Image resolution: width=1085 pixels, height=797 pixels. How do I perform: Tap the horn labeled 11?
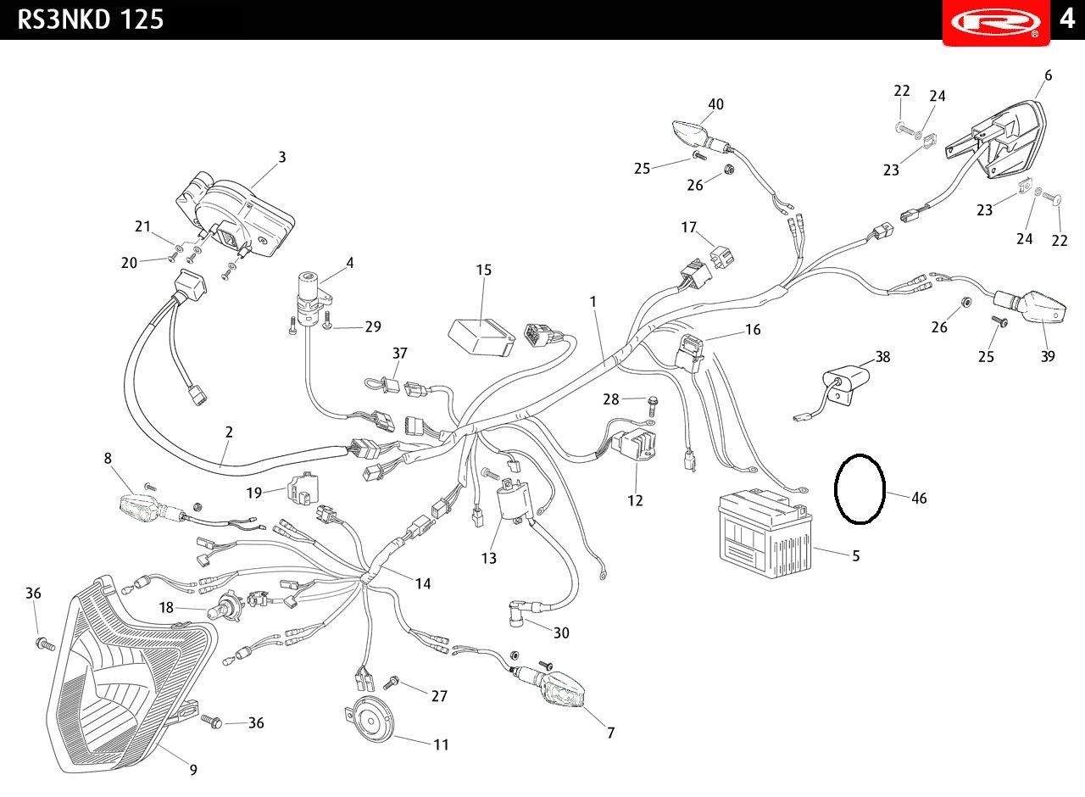pyautogui.click(x=371, y=719)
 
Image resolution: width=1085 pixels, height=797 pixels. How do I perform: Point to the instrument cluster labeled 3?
pyautogui.click(x=235, y=215)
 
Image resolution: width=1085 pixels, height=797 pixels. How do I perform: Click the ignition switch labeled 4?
pyautogui.click(x=313, y=298)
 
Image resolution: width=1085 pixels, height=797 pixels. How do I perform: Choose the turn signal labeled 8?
pyautogui.click(x=151, y=506)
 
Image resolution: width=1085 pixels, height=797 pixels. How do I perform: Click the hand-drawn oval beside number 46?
pyautogui.click(x=860, y=489)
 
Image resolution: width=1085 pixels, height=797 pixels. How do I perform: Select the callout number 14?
pyautogui.click(x=423, y=583)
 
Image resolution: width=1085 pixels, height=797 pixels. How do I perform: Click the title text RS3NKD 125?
pyautogui.click(x=91, y=20)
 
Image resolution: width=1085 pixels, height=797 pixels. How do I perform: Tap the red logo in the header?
pyautogui.click(x=996, y=23)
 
